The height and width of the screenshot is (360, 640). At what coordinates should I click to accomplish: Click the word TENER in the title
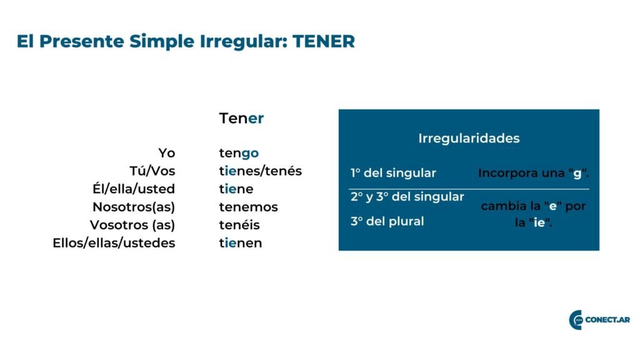point(324,41)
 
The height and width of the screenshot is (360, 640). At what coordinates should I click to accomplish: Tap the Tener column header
point(241,118)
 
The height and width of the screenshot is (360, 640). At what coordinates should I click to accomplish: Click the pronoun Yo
point(166,153)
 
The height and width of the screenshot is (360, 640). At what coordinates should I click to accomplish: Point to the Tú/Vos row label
point(152,171)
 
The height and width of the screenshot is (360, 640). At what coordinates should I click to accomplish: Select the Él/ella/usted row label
point(134,189)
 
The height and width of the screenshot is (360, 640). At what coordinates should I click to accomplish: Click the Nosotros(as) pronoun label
point(134,207)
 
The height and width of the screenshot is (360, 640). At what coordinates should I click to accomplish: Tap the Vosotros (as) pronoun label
point(132,225)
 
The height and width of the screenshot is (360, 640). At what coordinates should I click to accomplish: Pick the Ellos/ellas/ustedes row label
point(114,243)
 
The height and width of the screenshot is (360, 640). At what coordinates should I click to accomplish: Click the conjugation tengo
point(239,154)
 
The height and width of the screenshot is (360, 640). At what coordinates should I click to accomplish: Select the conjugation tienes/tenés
point(261,171)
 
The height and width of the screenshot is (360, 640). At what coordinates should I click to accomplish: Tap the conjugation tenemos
point(248,207)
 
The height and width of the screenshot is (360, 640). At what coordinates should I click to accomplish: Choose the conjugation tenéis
point(239,225)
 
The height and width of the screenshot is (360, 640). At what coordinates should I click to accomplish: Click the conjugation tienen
point(241,243)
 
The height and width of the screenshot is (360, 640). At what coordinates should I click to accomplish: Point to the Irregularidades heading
point(469,138)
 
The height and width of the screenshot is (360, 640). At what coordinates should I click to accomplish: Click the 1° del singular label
point(394,173)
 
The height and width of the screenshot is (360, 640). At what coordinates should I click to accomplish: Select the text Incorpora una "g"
point(534,174)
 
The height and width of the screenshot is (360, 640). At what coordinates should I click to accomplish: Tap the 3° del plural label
point(387,221)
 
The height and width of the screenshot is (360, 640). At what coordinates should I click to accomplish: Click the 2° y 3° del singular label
point(407,197)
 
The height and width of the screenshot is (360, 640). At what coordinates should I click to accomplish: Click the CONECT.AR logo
point(599,319)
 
